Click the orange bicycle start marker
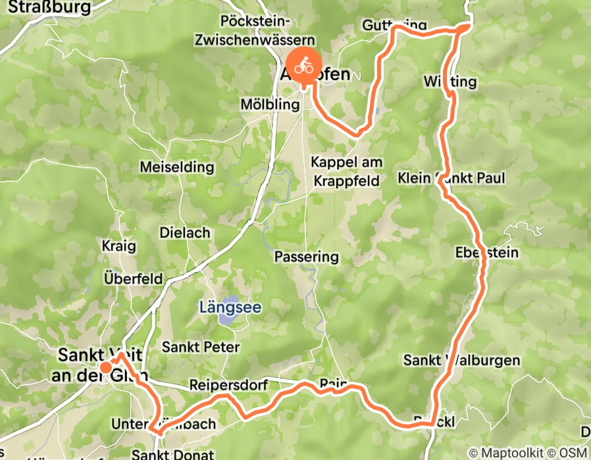coord(303,66)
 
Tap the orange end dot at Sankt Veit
coord(105,367)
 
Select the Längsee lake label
coord(230,307)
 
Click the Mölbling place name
coord(266,104)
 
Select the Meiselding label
coord(177,167)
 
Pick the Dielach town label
coord(185,233)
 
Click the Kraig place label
coord(118,246)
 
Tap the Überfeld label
coord(134,279)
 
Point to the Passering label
coord(306,256)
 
